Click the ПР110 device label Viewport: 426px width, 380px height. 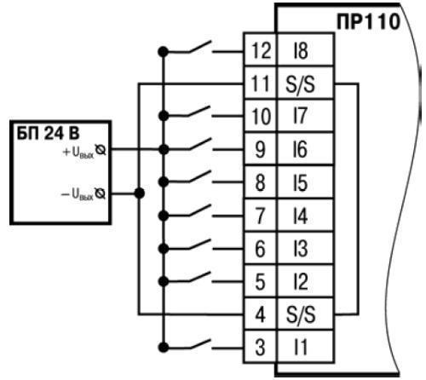point(368,21)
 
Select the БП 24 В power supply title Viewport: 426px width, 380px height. point(49,133)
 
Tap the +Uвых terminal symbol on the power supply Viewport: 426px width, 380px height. point(101,150)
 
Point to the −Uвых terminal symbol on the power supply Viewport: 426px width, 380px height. point(100,194)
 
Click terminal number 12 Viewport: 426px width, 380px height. point(261,50)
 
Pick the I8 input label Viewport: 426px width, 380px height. point(301,50)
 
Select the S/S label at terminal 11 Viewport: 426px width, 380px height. point(300,84)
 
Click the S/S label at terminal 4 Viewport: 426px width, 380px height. point(301,314)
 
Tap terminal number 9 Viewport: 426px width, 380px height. point(260,150)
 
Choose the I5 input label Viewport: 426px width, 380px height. point(301,182)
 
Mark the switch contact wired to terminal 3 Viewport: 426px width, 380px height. point(200,343)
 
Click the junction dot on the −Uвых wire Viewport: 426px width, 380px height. point(139,193)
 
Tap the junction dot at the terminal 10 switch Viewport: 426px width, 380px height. point(164,116)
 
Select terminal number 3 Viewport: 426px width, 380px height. point(260,348)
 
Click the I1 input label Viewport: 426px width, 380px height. point(301,348)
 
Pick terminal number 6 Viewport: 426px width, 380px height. point(260,249)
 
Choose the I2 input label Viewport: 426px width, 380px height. point(301,282)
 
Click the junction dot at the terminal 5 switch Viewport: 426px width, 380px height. point(164,281)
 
